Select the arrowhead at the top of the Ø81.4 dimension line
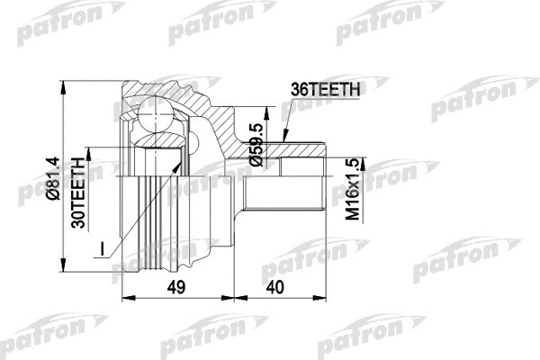coord(65,79)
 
